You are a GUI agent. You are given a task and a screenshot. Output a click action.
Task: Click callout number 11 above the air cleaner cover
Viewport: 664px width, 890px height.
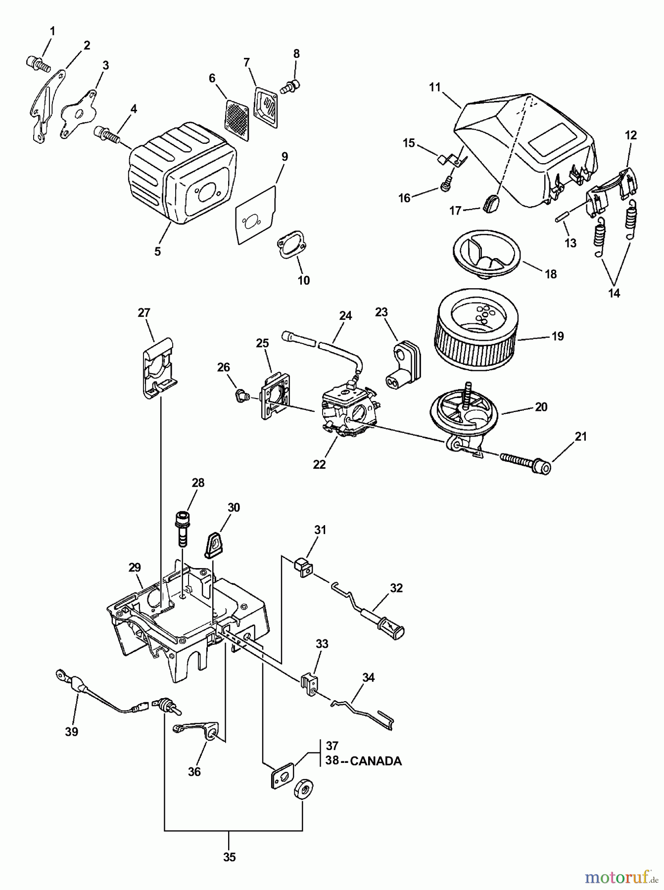(x=434, y=88)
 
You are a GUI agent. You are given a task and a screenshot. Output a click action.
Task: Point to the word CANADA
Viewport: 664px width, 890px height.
(x=376, y=760)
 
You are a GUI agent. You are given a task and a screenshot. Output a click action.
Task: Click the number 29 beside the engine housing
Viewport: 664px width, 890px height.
(x=135, y=567)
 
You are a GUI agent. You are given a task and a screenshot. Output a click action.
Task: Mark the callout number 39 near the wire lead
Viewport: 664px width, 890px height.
(x=72, y=731)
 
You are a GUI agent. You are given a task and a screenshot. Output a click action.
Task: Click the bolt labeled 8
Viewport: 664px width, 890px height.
(x=291, y=87)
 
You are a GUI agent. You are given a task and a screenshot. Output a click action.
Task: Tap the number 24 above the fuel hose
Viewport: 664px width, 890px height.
(x=345, y=315)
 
